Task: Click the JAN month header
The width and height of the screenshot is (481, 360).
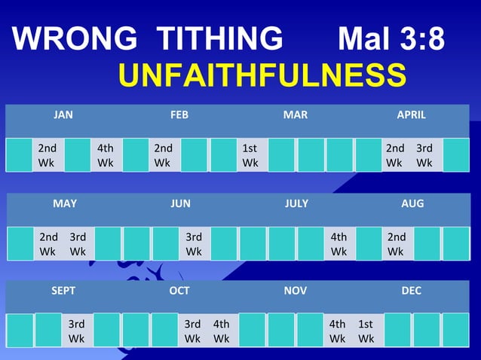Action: click(63, 115)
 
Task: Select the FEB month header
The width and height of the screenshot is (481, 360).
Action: click(179, 115)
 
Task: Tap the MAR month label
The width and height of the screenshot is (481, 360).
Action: click(296, 115)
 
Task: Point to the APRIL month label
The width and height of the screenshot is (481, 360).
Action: click(412, 115)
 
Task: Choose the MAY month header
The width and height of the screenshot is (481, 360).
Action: click(65, 203)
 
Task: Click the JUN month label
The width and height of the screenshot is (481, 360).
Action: click(181, 203)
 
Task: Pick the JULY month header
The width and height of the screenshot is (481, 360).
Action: click(297, 203)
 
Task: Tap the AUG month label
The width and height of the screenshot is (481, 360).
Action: click(412, 203)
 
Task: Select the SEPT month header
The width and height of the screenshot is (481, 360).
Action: click(63, 291)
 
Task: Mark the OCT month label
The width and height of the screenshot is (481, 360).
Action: click(179, 291)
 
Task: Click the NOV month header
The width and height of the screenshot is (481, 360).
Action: click(296, 291)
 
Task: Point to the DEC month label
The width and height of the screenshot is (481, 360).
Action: click(412, 291)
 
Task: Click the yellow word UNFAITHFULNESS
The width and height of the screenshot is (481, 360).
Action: click(262, 75)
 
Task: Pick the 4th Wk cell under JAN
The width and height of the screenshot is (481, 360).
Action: click(106, 155)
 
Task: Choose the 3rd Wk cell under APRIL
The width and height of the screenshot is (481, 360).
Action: click(425, 155)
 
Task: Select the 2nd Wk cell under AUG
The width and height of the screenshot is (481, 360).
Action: click(397, 243)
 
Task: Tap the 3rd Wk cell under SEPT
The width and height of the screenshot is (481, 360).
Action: click(77, 331)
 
